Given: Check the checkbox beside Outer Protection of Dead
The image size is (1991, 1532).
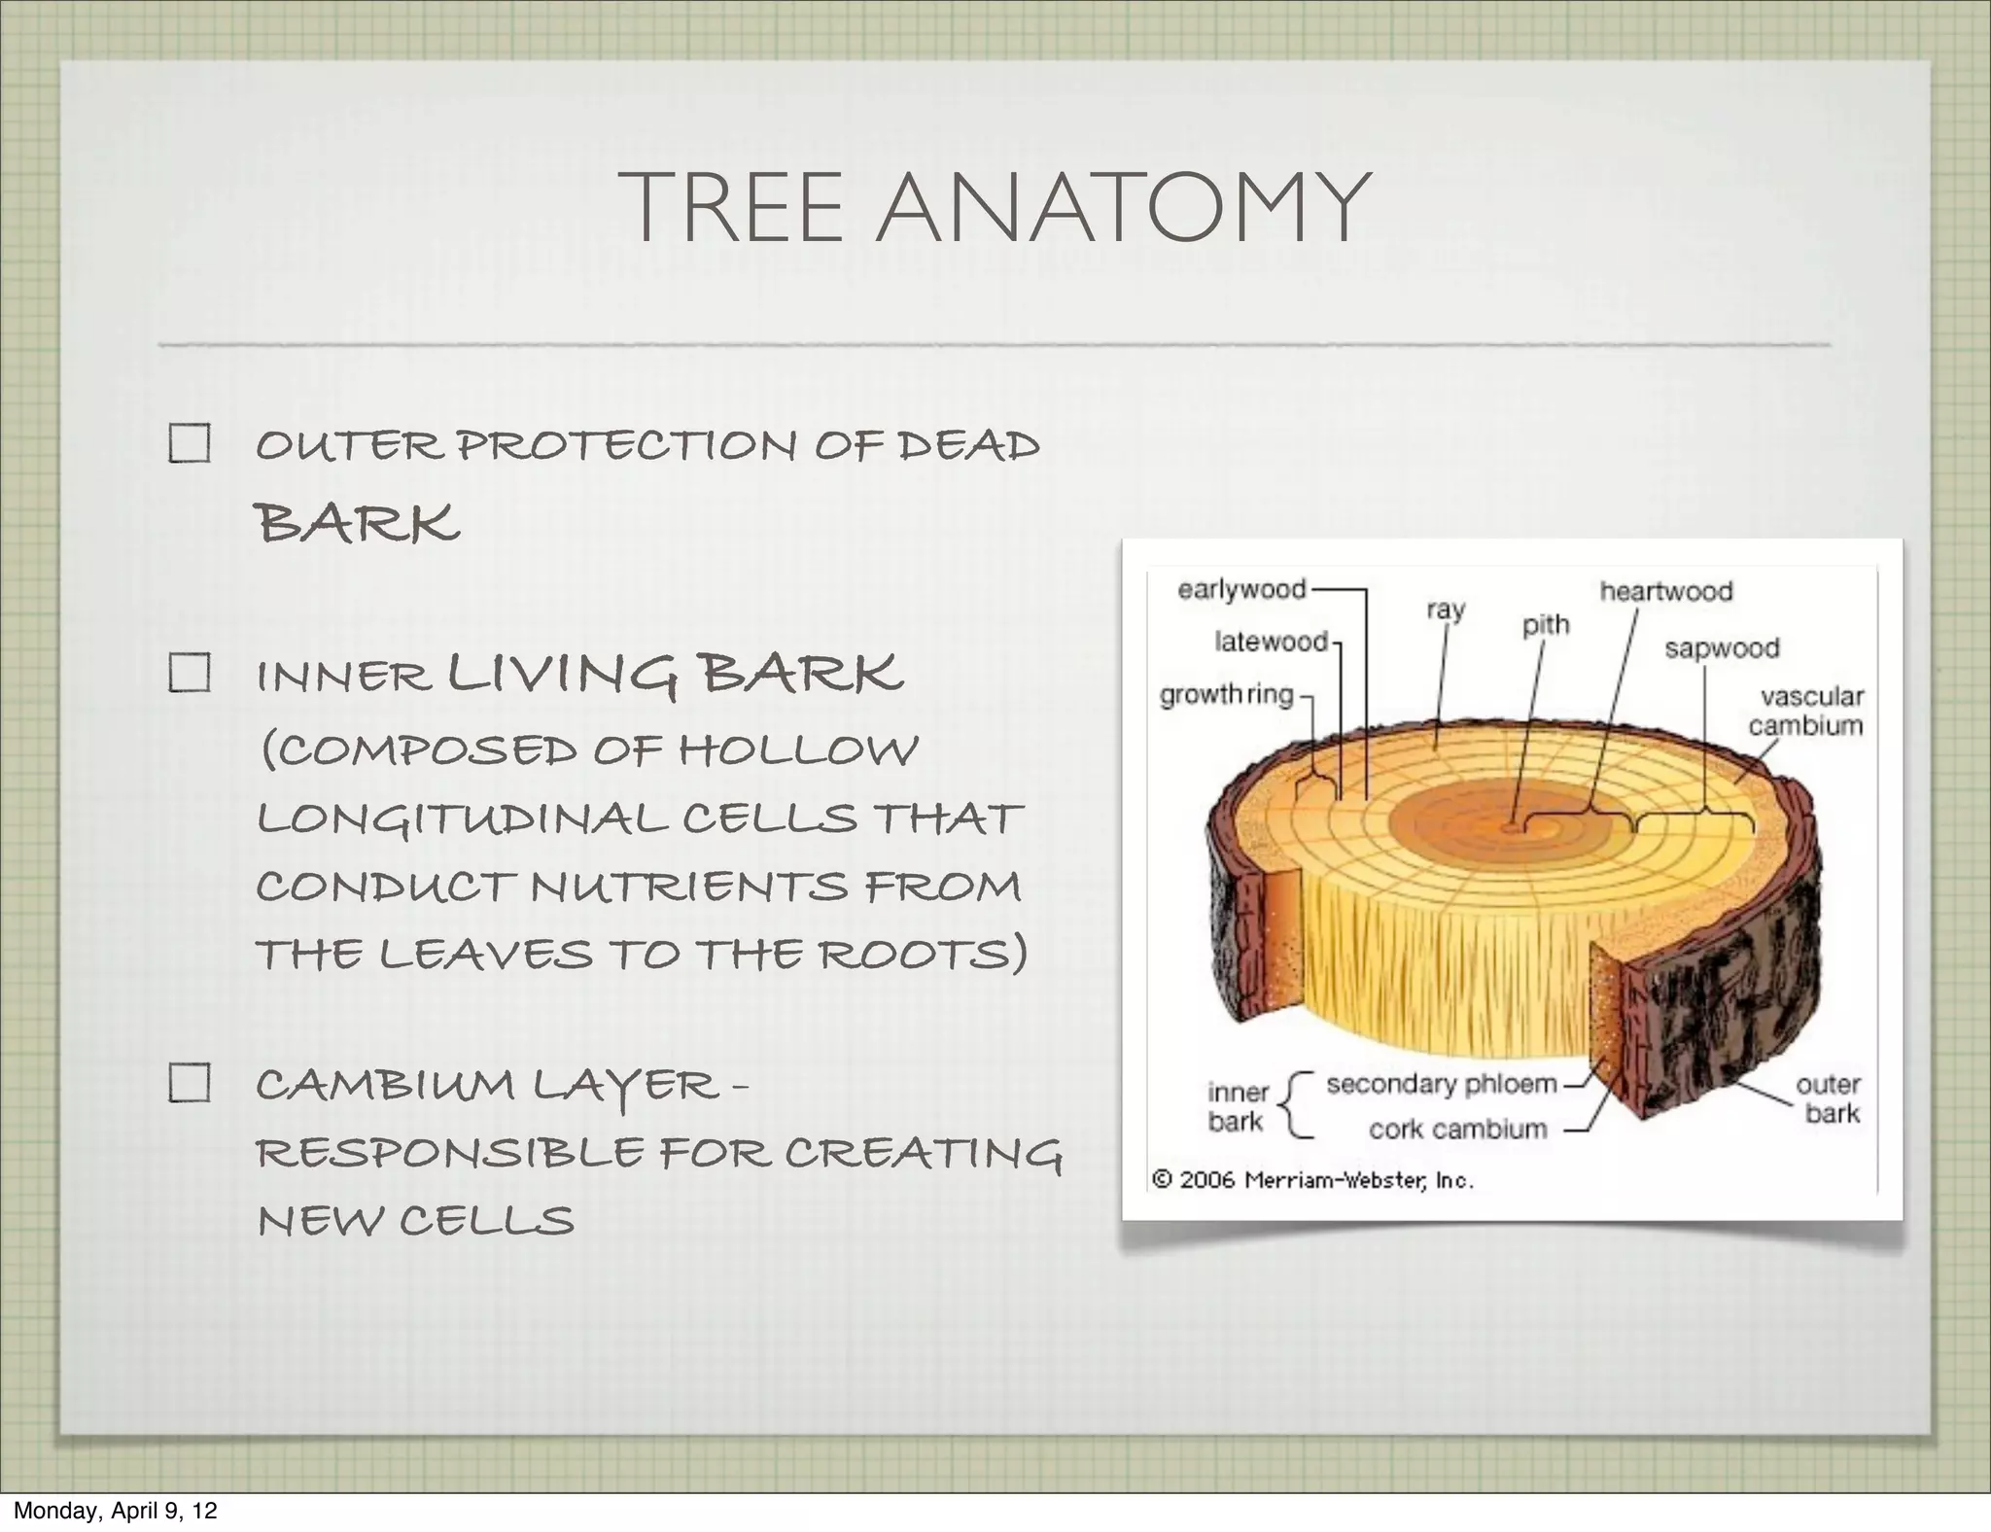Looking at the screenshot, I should (x=189, y=443).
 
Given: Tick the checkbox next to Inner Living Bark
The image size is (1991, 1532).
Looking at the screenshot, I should (x=189, y=672).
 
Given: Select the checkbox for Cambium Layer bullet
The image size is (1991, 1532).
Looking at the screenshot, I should (x=189, y=1082).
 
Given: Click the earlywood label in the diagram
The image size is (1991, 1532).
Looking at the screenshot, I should (x=1241, y=590).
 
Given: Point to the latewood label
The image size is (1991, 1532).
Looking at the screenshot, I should (x=1271, y=642).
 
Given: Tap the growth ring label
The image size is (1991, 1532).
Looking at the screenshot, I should (x=1227, y=695).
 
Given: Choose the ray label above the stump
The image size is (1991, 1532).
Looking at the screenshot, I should (x=1446, y=610).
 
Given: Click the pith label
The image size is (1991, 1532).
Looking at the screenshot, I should (x=1546, y=624).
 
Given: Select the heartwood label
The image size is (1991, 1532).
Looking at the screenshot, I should (x=1666, y=591).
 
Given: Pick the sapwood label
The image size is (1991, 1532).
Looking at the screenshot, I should (x=1722, y=648).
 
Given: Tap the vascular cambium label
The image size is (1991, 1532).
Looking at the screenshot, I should (x=1806, y=711).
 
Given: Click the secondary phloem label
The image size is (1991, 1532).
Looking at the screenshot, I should (x=1442, y=1084).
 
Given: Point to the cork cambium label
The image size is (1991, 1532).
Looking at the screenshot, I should (x=1457, y=1130).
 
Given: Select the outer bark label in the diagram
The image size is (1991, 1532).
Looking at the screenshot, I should (x=1831, y=1098).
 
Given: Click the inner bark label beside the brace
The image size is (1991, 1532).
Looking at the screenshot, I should (x=1238, y=1106).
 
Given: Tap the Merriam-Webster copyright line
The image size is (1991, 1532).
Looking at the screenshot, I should (x=1312, y=1180).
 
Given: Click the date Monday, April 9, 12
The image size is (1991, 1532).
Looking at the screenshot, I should (x=115, y=1511).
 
